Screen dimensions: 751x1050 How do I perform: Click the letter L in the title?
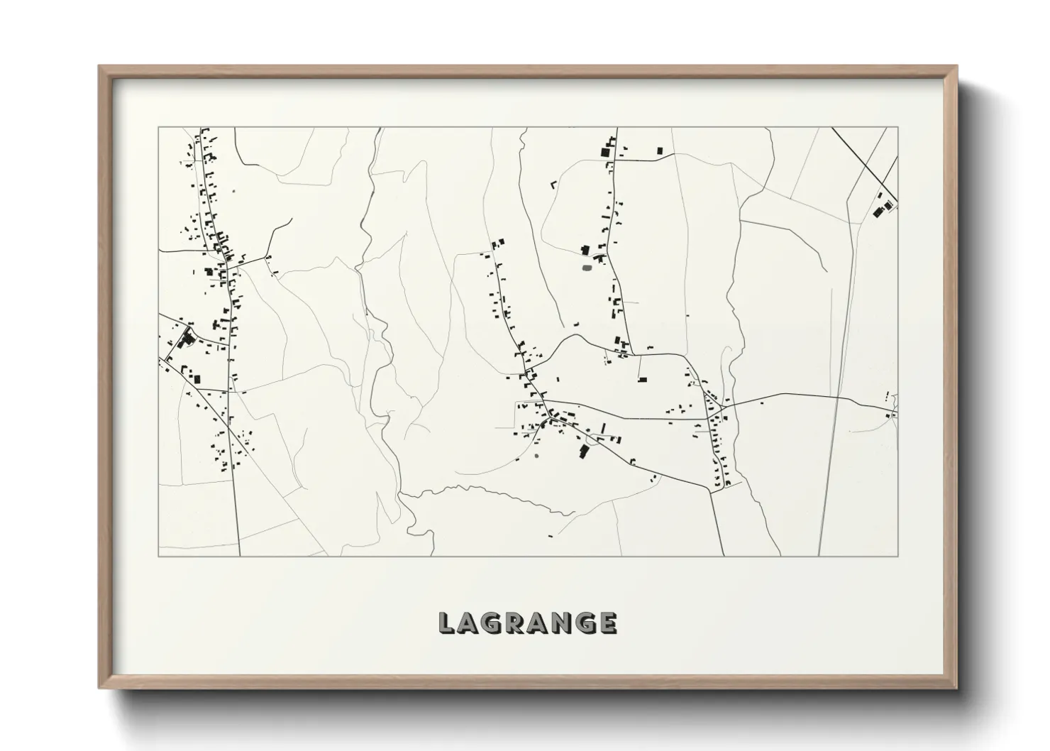click(447, 623)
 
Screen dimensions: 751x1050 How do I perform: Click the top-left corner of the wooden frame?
click(100, 67)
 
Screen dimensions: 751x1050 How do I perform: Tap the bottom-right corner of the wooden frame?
click(956, 688)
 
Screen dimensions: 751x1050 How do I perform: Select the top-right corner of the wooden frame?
click(956, 67)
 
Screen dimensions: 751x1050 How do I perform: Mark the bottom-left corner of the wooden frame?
click(100, 688)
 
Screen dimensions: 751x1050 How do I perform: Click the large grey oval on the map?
click(587, 268)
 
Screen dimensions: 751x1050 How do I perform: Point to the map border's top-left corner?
click(158, 128)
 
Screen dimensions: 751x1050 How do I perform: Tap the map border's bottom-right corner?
click(898, 556)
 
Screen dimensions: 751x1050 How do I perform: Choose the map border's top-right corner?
click(898, 128)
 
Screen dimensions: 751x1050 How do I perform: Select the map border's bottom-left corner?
click(158, 556)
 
